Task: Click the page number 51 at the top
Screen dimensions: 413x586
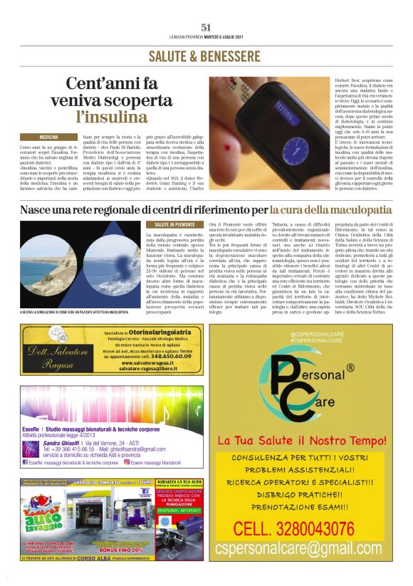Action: point(206,27)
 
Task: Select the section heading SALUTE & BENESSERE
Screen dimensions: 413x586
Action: point(206,56)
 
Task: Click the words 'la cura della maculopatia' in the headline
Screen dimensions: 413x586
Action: point(330,211)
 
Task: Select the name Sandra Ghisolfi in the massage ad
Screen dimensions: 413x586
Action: point(61,442)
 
